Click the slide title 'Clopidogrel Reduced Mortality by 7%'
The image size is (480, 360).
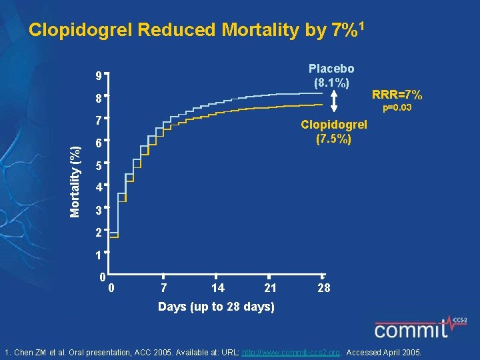[x=196, y=30]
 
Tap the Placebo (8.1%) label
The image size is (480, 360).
[x=331, y=76]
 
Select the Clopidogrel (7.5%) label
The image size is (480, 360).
[x=334, y=132]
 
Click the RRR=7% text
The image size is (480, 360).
[x=397, y=95]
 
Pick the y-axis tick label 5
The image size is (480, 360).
[x=97, y=165]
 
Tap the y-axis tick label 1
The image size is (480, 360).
[x=97, y=255]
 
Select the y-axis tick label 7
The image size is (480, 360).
[x=97, y=121]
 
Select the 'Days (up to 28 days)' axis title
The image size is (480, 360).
[x=215, y=307]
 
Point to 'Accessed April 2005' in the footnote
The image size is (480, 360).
[x=387, y=351]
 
